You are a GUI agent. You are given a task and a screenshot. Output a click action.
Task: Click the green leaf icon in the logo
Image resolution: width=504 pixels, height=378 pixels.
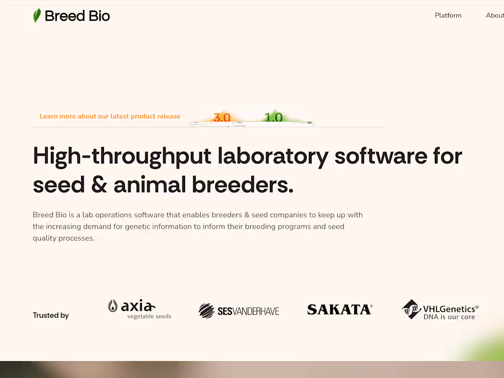point(37,16)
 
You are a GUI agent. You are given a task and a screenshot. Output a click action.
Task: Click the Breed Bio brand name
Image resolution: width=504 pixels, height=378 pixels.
point(77,16)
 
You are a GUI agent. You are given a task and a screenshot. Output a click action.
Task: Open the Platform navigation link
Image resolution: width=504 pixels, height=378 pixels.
point(448,16)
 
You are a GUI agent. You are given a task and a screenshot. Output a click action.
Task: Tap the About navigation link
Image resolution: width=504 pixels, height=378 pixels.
point(495,16)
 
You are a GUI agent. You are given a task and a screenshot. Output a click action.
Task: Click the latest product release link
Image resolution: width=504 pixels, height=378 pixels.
point(110,116)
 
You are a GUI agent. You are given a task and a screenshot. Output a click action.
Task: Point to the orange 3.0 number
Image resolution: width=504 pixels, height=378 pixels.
point(222,118)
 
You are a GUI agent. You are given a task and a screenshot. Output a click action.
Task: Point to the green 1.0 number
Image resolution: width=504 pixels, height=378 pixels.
point(273,117)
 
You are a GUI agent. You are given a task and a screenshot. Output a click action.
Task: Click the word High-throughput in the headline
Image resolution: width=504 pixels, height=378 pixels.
point(122,156)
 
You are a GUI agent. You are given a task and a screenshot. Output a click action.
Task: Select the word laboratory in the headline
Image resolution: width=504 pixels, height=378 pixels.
point(273,156)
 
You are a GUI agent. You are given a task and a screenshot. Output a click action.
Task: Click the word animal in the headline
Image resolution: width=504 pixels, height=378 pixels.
point(149,185)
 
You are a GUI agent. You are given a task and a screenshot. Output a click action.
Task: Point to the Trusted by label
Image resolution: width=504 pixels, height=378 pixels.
point(51,315)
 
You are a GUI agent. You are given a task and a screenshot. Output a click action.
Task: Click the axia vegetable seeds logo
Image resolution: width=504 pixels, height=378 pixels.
point(139,309)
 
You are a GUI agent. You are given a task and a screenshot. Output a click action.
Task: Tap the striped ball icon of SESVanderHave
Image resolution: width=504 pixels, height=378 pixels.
point(206,311)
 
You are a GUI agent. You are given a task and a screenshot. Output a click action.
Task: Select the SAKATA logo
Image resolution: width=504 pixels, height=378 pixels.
point(340,310)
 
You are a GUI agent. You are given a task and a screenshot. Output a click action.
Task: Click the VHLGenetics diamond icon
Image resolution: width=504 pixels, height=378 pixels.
point(411,309)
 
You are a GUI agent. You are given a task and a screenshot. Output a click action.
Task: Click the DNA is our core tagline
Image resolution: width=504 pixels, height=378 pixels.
point(449,317)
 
